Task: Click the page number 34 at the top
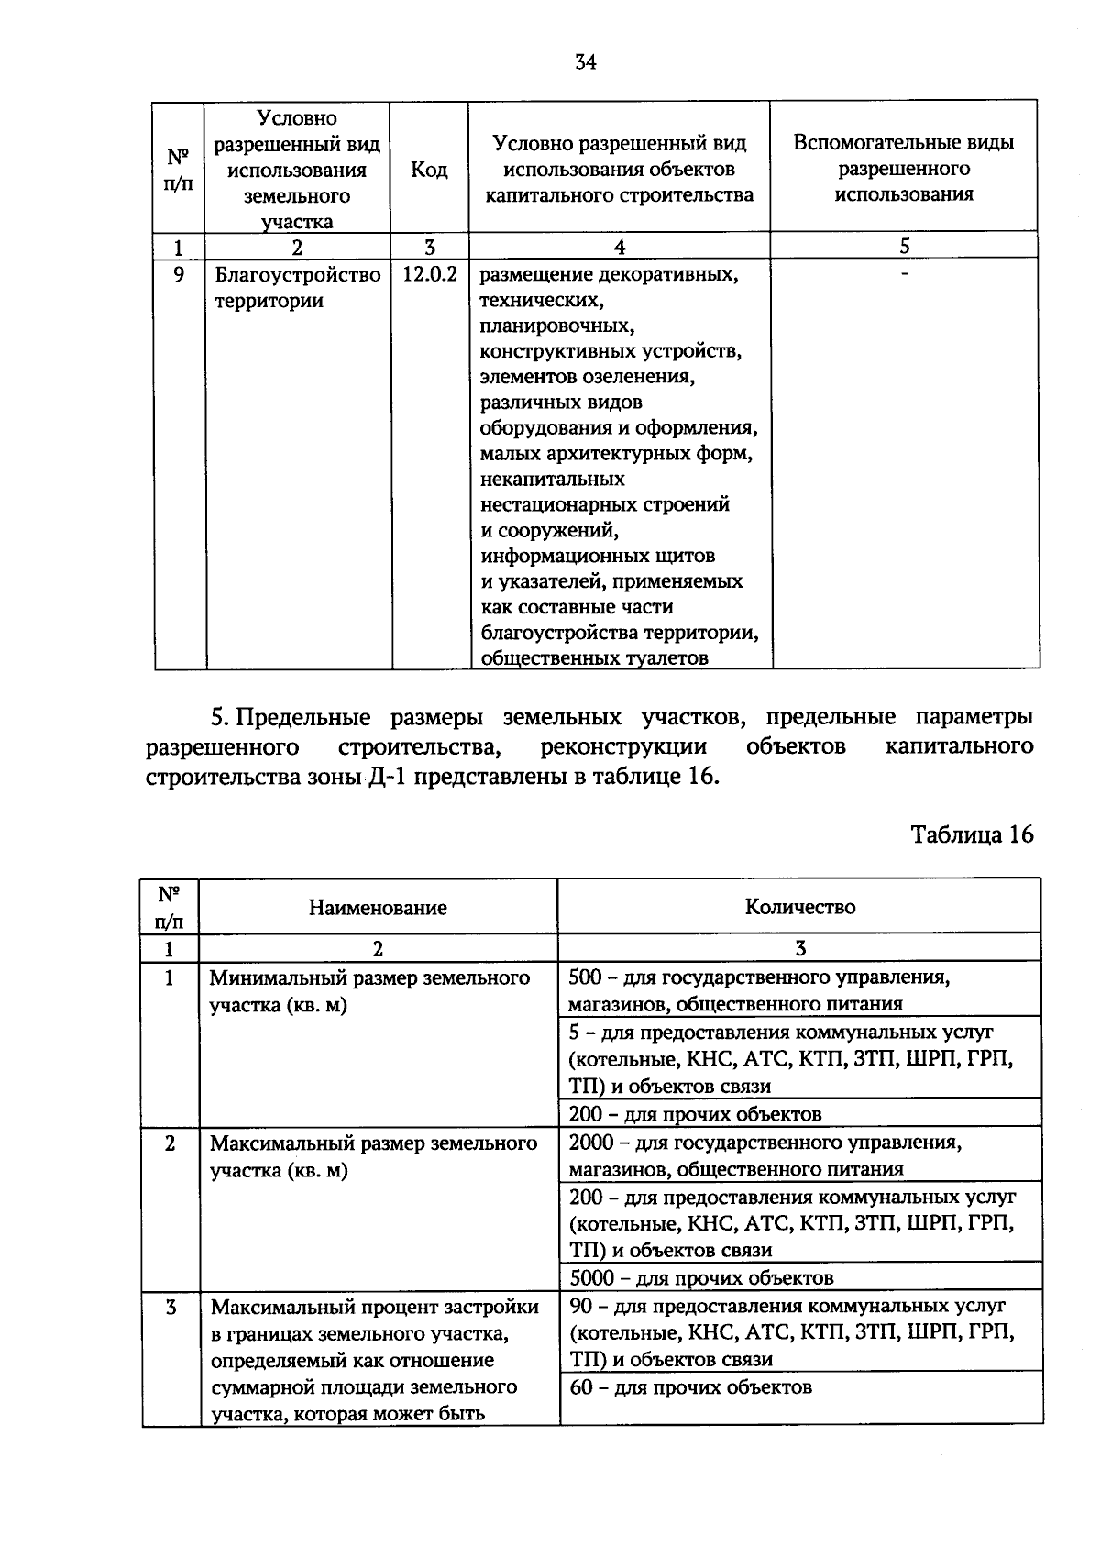pyautogui.click(x=586, y=62)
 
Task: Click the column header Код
pyautogui.click(x=429, y=170)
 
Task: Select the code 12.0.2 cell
pyautogui.click(x=430, y=275)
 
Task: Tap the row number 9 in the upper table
pyautogui.click(x=180, y=275)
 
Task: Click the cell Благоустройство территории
pyautogui.click(x=297, y=288)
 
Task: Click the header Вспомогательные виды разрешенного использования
pyautogui.click(x=904, y=168)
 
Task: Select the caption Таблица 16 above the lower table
pyautogui.click(x=972, y=834)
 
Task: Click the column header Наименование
pyautogui.click(x=378, y=908)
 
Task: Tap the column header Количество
pyautogui.click(x=799, y=907)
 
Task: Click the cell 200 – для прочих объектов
pyautogui.click(x=695, y=1114)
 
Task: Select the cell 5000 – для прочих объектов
pyautogui.click(x=701, y=1277)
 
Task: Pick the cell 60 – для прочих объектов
pyautogui.click(x=690, y=1386)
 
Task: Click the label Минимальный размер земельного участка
pyautogui.click(x=369, y=991)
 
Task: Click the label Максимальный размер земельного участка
pyautogui.click(x=373, y=1156)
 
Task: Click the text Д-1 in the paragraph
pyautogui.click(x=381, y=777)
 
